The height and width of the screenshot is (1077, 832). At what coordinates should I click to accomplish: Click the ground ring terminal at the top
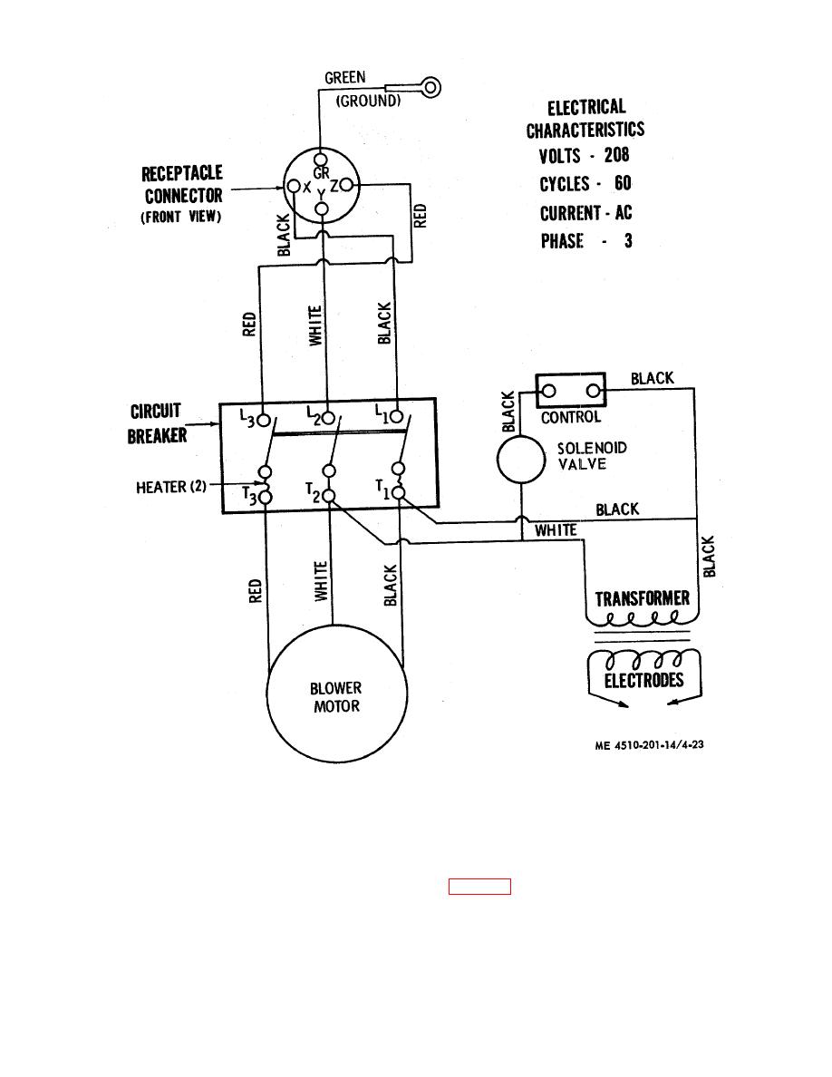(x=431, y=87)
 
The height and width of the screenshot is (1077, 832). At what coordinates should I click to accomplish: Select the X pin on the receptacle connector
(x=293, y=186)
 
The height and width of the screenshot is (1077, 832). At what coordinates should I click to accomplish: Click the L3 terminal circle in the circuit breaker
(x=263, y=420)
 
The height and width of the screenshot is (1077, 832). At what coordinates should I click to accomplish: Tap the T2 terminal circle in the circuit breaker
(x=329, y=496)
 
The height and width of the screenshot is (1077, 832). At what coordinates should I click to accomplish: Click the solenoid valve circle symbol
(x=523, y=459)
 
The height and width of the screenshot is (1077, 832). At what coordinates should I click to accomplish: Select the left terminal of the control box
(x=548, y=392)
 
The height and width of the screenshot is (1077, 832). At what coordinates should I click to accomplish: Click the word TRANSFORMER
(x=643, y=599)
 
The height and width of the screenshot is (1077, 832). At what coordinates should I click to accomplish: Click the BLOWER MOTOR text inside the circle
(x=336, y=697)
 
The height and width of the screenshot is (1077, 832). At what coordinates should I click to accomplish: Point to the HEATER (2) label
(x=172, y=487)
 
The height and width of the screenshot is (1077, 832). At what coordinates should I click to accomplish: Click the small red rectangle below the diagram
(x=479, y=887)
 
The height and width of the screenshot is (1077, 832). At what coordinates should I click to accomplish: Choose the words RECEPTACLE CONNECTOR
(x=182, y=184)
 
